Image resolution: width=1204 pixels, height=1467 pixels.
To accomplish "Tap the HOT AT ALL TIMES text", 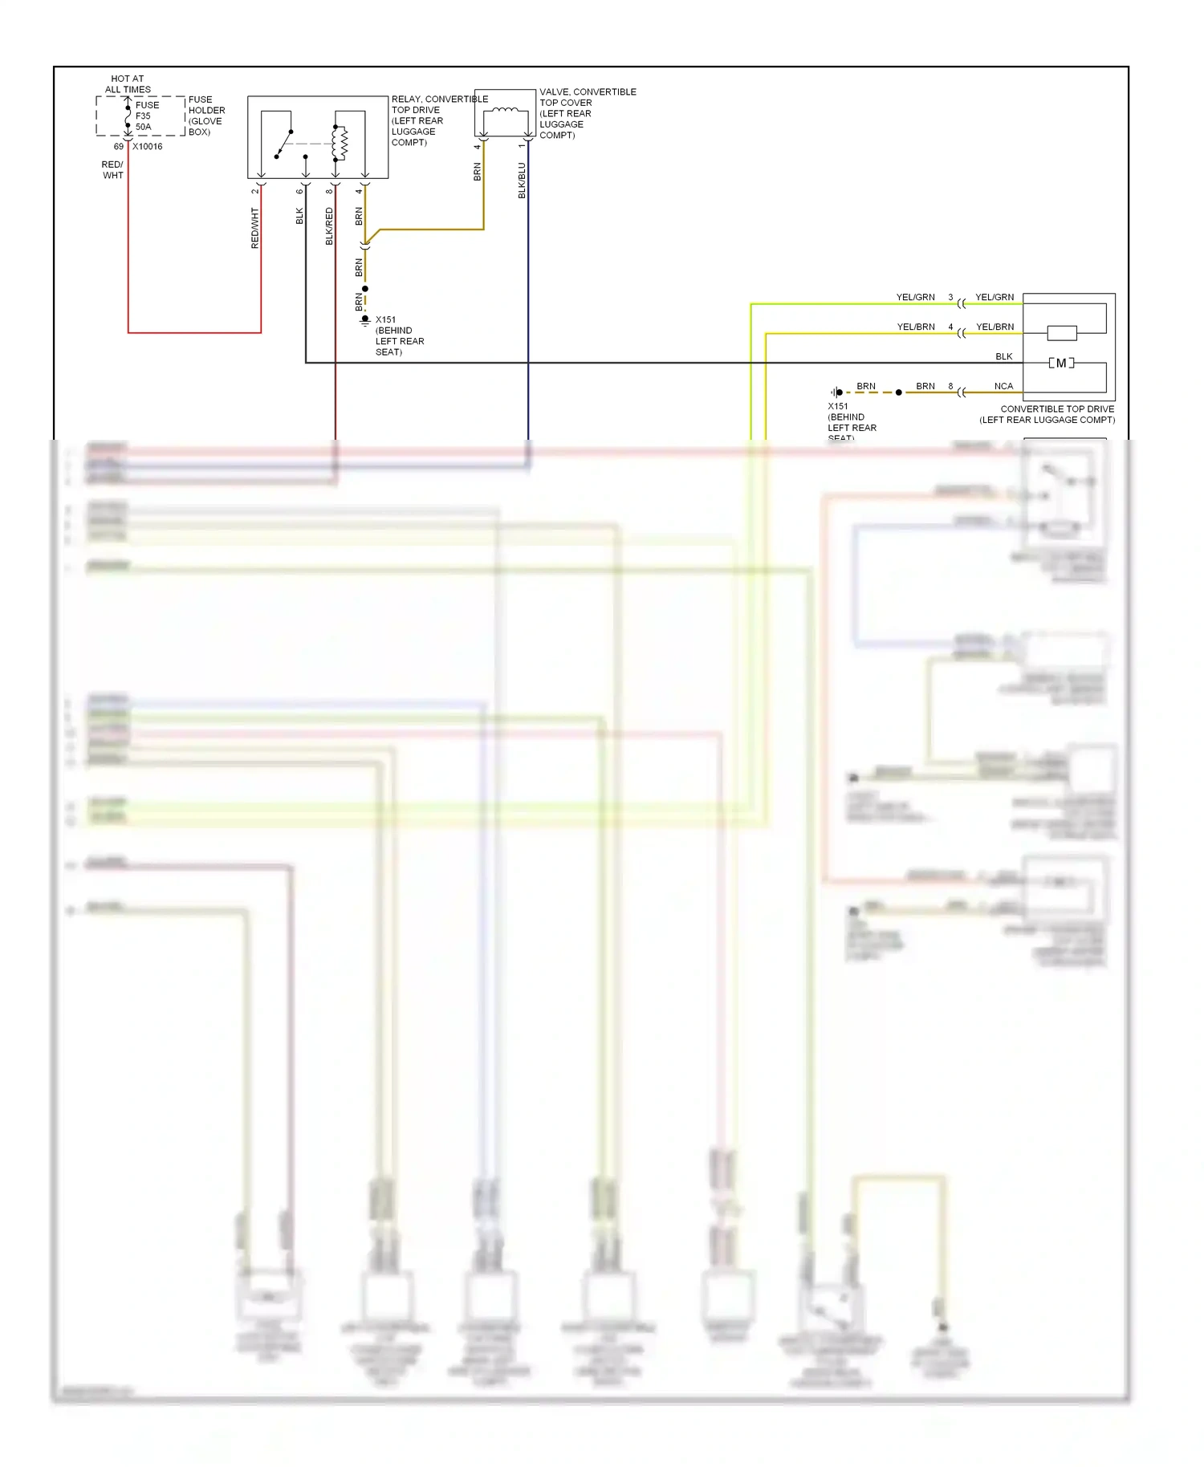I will [x=128, y=84].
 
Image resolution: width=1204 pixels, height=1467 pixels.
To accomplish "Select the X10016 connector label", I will [x=147, y=147].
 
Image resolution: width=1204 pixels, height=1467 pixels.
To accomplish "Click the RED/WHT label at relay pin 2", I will [x=255, y=228].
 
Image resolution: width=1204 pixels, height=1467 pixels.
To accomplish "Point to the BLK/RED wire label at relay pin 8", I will [x=329, y=226].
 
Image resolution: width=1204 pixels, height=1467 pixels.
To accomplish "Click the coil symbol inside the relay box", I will [x=340, y=143].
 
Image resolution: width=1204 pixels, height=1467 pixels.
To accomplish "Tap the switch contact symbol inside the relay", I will [x=283, y=144].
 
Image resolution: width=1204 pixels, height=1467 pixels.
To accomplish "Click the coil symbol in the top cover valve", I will [x=504, y=112].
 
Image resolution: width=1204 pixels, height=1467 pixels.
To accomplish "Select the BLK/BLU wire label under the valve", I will [x=522, y=181].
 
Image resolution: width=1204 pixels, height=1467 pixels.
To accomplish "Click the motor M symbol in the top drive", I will [x=1061, y=364].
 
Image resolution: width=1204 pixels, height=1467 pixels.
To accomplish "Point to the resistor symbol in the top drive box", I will [x=1062, y=333].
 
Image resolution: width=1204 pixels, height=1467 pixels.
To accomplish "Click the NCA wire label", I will [x=1003, y=386].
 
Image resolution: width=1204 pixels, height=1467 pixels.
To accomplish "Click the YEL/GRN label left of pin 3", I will [x=915, y=297].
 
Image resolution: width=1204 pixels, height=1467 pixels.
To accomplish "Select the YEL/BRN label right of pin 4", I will [x=995, y=327].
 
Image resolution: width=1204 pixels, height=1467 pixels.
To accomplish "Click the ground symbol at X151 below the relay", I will [x=365, y=320].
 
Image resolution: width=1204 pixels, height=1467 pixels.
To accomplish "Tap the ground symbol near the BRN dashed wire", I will [x=836, y=392].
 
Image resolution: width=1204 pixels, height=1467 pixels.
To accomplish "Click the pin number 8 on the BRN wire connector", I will [x=950, y=386].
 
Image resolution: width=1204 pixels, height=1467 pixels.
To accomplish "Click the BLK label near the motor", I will [x=1003, y=356].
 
